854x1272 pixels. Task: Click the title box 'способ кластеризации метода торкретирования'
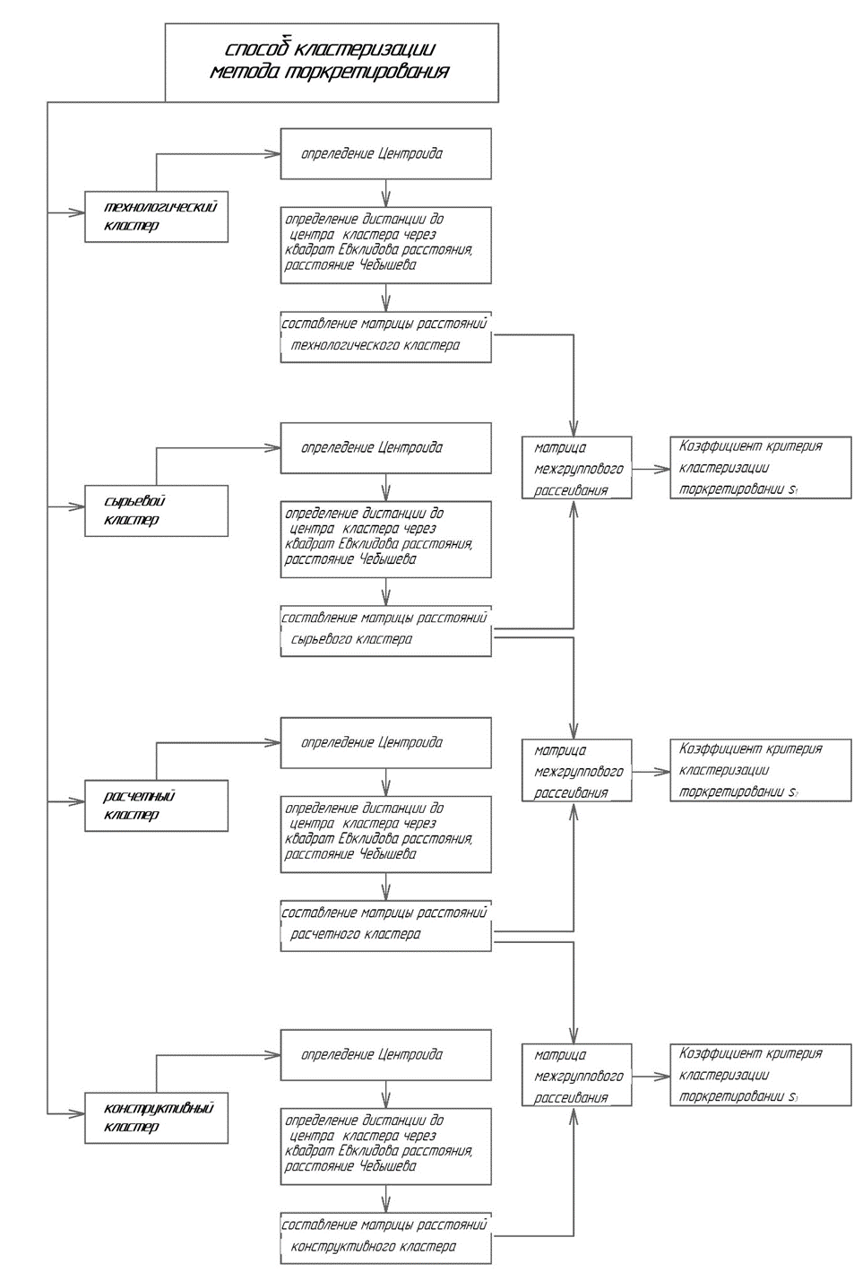(x=332, y=62)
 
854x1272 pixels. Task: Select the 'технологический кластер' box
(x=156, y=216)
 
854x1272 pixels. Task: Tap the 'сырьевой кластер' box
(x=156, y=511)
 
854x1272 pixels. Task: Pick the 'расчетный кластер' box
(x=156, y=806)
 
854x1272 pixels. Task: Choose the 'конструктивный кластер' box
(x=156, y=1118)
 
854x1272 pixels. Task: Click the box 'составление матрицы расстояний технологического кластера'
(x=385, y=335)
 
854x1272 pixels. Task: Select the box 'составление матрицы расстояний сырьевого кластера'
(x=385, y=630)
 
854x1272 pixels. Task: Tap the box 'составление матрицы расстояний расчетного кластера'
(x=385, y=925)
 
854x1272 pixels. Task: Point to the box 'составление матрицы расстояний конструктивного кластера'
(x=385, y=1237)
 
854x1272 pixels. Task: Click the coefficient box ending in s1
(x=760, y=468)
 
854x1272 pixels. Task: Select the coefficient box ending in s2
(x=760, y=771)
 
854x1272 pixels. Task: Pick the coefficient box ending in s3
(x=760, y=1075)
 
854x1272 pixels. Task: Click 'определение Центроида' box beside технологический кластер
(x=385, y=153)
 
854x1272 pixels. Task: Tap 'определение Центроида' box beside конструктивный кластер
(x=385, y=1054)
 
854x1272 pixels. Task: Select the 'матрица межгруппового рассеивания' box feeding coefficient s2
(x=577, y=771)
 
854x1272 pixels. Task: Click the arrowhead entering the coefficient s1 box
(x=664, y=468)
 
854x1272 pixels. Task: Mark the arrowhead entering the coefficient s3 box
(x=664, y=1075)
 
